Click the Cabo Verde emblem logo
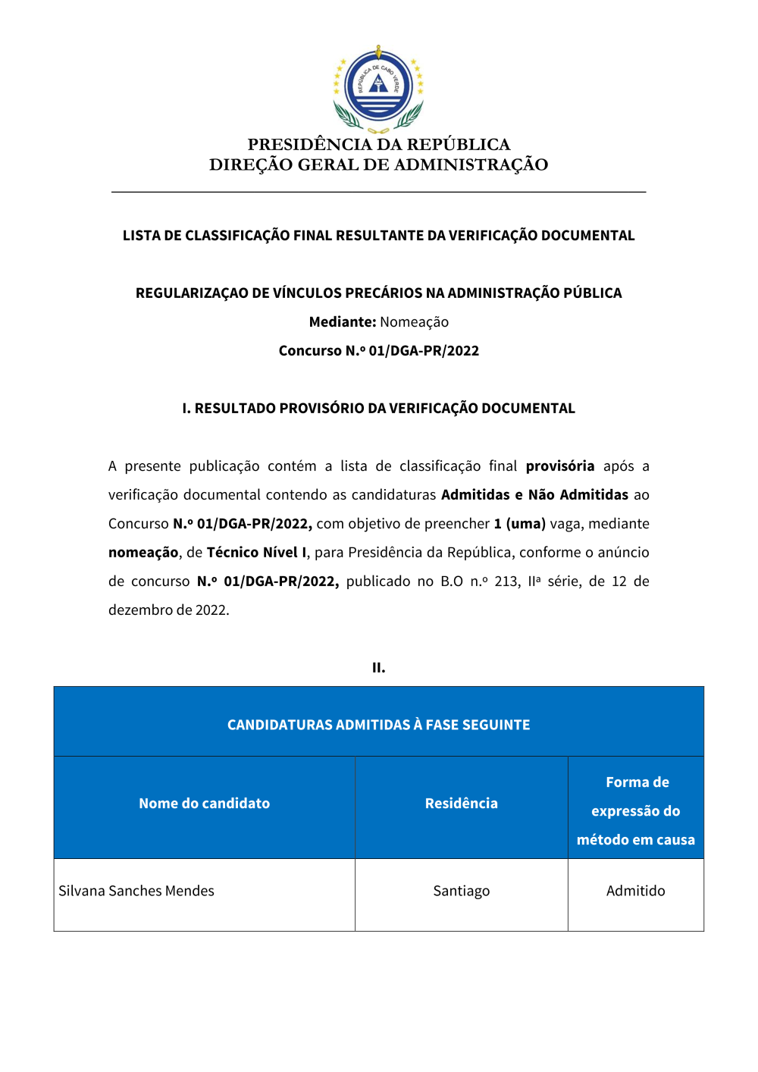[x=378, y=88]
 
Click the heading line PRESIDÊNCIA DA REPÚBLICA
[x=378, y=144]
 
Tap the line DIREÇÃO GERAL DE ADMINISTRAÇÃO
[x=378, y=165]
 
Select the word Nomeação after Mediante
[x=414, y=321]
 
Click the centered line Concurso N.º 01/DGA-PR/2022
[x=378, y=350]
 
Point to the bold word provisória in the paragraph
[x=559, y=465]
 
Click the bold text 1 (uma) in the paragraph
[x=519, y=523]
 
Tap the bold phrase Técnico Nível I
[x=258, y=552]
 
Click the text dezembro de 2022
[x=168, y=610]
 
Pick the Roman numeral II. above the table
[x=378, y=667]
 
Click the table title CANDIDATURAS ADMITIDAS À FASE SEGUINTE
[x=378, y=724]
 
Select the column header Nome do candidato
[x=204, y=803]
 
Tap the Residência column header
[x=461, y=803]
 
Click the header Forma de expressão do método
[x=635, y=810]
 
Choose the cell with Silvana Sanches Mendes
[x=136, y=891]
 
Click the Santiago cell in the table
[x=461, y=891]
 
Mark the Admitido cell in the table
[x=635, y=891]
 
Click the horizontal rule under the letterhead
[x=378, y=192]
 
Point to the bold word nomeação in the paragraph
[x=143, y=552]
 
